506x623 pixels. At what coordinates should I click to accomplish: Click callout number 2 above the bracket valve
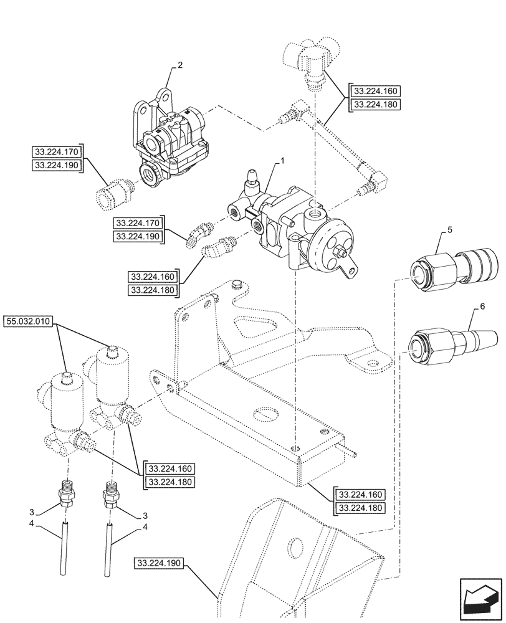pyautogui.click(x=180, y=64)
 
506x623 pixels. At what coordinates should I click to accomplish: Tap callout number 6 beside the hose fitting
pyautogui.click(x=482, y=307)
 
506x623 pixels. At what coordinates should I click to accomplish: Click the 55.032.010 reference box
pyautogui.click(x=29, y=322)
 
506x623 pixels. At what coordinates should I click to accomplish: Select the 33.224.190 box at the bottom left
pyautogui.click(x=157, y=563)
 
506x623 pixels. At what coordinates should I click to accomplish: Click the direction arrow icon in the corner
pyautogui.click(x=480, y=599)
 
